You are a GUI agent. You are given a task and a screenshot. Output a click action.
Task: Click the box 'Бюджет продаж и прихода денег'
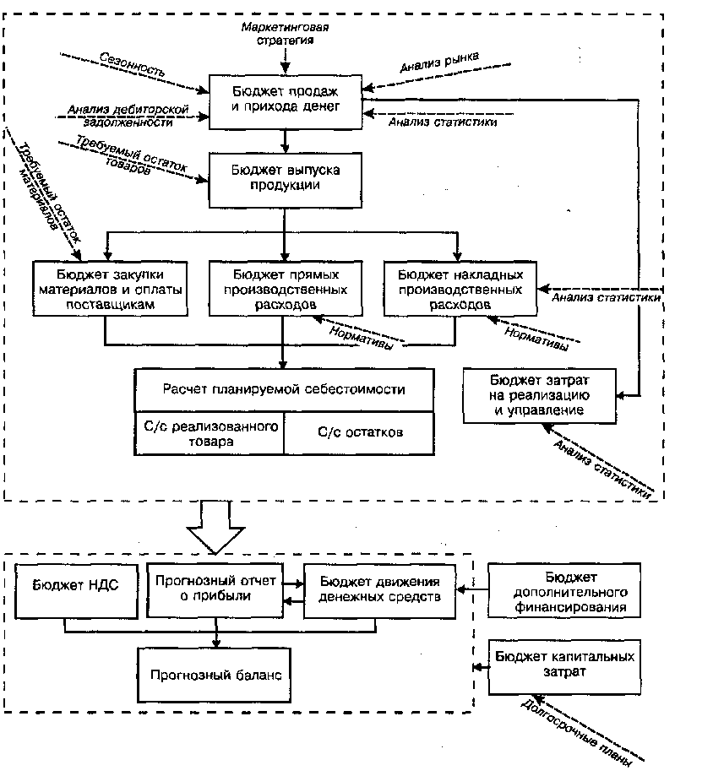(286, 102)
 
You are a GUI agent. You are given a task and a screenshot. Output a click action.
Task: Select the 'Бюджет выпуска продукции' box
(286, 180)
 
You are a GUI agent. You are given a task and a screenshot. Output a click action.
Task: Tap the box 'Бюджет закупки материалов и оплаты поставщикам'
(111, 289)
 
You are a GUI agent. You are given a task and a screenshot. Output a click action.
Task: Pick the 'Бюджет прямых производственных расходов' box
(286, 289)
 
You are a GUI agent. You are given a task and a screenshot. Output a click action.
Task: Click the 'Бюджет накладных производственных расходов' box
(460, 289)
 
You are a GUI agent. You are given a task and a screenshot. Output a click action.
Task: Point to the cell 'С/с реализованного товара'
(209, 433)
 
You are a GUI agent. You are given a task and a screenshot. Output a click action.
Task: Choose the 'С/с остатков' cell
(360, 433)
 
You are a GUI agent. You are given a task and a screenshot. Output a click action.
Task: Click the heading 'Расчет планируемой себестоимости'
(284, 390)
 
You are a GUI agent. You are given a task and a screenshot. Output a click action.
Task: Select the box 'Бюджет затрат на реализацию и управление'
(540, 396)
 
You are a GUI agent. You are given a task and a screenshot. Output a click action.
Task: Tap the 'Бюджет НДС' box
(76, 591)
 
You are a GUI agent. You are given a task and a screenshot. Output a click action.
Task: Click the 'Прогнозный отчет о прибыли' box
(215, 590)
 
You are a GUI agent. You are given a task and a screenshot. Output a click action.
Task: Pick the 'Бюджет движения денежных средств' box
(380, 591)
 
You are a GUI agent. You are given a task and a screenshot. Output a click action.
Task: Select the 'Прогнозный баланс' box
(214, 675)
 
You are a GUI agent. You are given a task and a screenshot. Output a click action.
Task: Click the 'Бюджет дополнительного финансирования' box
(564, 590)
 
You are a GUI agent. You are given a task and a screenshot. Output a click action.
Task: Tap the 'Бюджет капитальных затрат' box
(564, 667)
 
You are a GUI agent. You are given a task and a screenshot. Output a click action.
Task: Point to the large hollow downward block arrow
(216, 528)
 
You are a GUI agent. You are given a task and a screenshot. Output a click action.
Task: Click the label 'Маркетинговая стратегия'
(286, 33)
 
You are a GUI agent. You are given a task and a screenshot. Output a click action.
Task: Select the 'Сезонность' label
(132, 64)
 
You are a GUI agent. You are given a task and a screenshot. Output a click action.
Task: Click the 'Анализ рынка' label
(439, 62)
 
